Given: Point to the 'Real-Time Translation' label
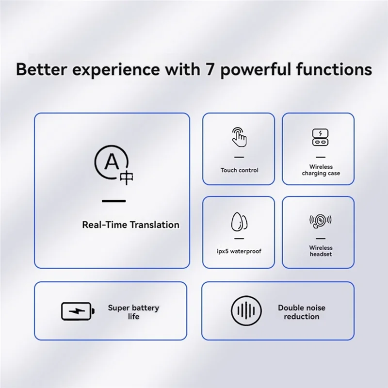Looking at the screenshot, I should pos(130,225).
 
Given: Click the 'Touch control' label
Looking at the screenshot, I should pos(239,170).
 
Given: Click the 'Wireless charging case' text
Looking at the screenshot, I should pos(321,170).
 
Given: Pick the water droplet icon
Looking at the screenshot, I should pos(239,222).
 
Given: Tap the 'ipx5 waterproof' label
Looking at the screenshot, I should pos(239,251).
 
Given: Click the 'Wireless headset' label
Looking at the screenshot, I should pos(321,251).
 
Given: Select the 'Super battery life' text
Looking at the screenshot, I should pos(133,312).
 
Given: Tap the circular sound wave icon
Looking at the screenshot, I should pos(246,311).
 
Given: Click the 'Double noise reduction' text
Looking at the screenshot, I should pos(301,312).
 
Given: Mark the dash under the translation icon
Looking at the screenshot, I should pos(113,201).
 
